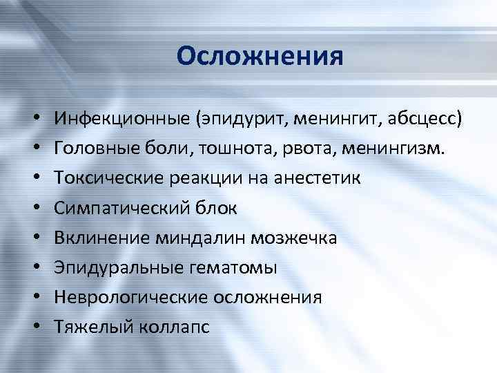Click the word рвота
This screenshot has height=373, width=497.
(291, 148)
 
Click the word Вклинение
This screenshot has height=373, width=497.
(100, 238)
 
